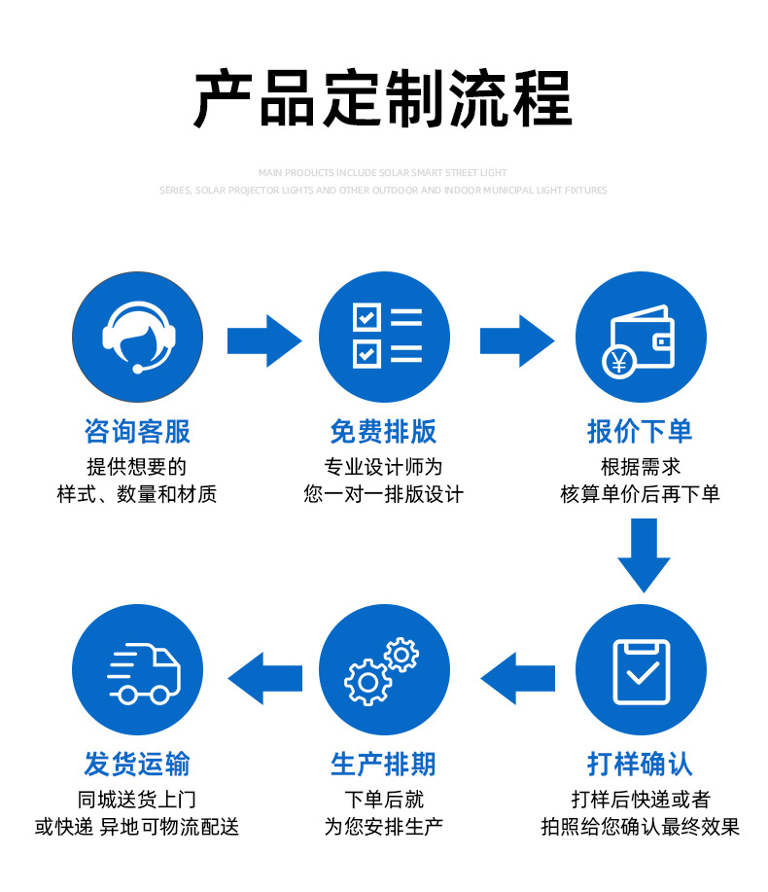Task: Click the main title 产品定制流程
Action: [383, 98]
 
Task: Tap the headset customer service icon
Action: [138, 337]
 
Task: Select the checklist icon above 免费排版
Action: [385, 337]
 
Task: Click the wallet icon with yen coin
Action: [641, 337]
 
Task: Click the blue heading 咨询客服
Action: [138, 431]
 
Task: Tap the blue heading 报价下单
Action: [640, 431]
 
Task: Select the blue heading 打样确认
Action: [640, 764]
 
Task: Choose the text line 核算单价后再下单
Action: [640, 494]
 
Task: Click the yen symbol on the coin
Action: [618, 363]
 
